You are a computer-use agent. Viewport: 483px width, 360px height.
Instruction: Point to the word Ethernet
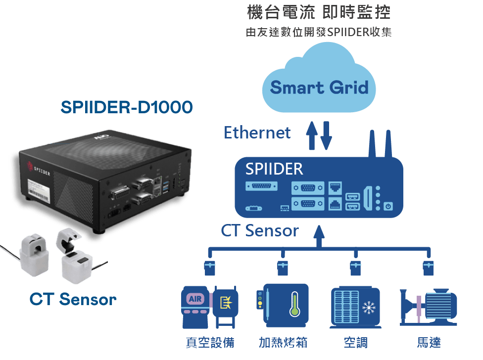(257, 133)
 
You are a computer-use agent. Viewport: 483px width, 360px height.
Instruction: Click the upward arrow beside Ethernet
(312, 135)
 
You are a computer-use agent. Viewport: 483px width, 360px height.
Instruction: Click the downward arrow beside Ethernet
(326, 135)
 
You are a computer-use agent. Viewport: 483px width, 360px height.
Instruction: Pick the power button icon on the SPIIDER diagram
(388, 206)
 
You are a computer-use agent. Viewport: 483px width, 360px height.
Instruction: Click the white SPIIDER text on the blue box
(274, 169)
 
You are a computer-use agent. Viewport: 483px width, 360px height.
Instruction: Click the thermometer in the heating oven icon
(294, 304)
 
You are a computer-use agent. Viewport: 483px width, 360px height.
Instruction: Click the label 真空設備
(210, 342)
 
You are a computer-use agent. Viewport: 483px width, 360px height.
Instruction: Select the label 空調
(356, 342)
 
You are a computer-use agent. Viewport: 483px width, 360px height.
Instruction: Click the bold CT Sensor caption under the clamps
(73, 299)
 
